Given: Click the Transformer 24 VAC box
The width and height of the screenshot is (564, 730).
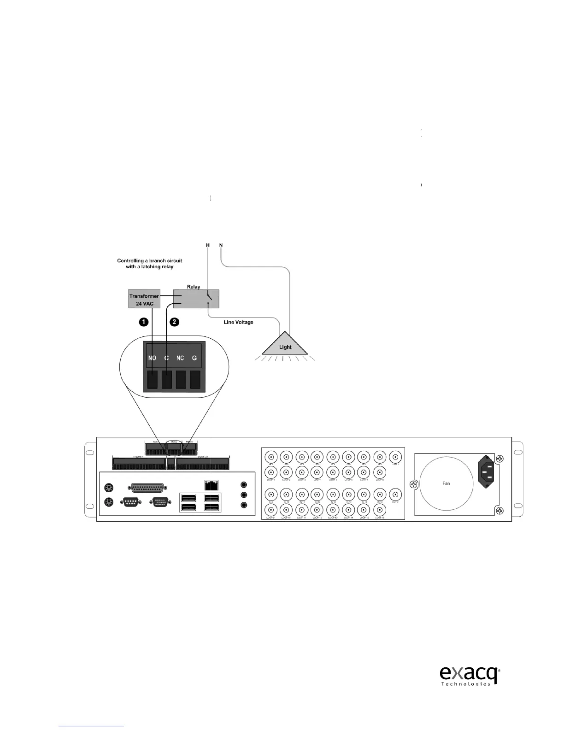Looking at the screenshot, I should [x=144, y=299].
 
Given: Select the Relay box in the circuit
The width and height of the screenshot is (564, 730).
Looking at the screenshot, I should [x=195, y=299].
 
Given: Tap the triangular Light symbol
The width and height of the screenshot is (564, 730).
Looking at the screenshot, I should [x=285, y=344].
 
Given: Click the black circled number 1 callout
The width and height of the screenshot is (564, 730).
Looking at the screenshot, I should [x=144, y=322].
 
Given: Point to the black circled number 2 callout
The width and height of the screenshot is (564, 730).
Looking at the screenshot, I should [x=174, y=322].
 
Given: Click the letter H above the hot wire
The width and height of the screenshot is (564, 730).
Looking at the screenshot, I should [x=208, y=245].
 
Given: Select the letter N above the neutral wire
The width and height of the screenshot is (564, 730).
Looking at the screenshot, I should [x=221, y=245].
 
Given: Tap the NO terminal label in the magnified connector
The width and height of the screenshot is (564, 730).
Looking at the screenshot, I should [x=152, y=358].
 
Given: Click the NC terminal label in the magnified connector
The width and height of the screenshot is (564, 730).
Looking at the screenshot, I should [x=180, y=358].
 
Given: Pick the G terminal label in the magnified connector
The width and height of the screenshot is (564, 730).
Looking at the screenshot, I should [x=194, y=358].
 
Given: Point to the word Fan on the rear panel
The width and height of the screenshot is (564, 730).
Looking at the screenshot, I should [x=446, y=483].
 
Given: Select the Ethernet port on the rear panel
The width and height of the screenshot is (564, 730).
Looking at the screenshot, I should [x=211, y=485].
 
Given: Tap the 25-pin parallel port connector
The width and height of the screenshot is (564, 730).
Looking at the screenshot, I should [x=146, y=489].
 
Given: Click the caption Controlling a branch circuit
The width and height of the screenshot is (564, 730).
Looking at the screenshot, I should [x=149, y=261].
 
